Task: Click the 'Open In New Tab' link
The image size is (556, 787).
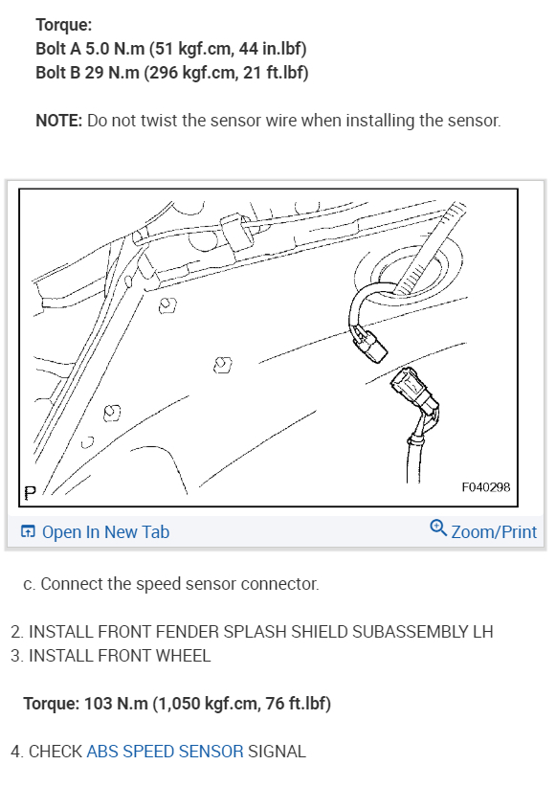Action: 95,532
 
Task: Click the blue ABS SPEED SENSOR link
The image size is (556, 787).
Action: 166,752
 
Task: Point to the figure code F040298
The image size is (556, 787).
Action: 486,487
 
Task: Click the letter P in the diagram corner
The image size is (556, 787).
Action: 30,493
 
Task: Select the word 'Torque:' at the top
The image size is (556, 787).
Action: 64,25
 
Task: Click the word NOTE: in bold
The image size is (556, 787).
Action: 58,121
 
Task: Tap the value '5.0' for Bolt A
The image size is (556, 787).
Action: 97,49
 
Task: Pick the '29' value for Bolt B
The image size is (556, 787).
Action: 94,73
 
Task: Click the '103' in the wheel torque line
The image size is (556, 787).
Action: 98,704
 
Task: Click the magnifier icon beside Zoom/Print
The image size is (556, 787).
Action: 438,528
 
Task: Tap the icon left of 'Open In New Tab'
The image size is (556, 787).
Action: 28,531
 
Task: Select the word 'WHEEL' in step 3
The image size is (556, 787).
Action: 183,656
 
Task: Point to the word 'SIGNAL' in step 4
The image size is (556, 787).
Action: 277,752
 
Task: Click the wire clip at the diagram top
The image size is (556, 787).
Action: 235,232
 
